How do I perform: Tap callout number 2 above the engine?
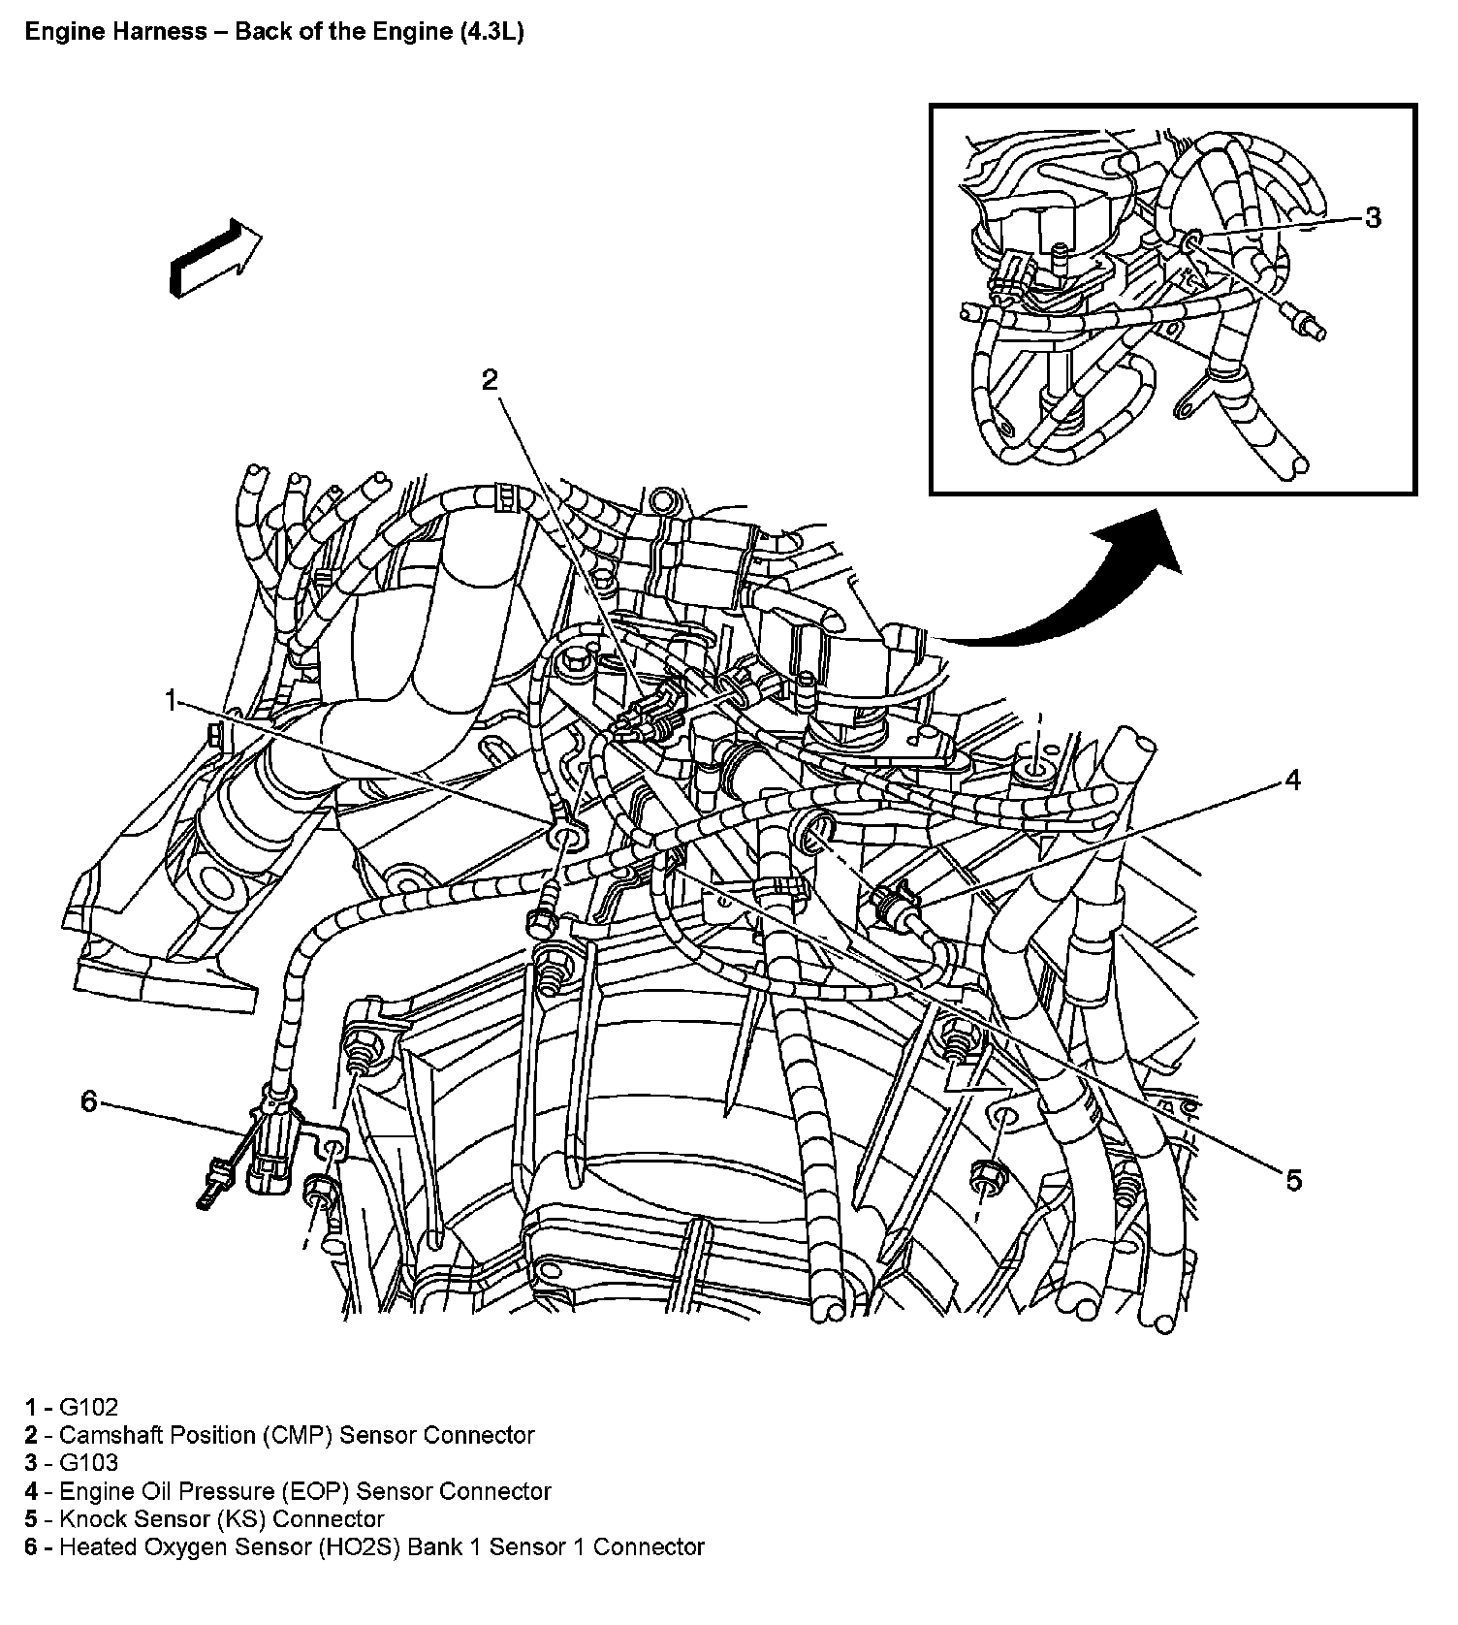point(490,379)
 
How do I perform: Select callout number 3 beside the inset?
point(1372,218)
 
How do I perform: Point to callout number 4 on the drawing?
point(1292,779)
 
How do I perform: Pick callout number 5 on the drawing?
point(1293,1179)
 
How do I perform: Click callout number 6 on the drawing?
point(89,1101)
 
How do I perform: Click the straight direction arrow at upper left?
point(214,256)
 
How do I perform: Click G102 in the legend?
point(89,1407)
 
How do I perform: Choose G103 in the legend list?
point(89,1463)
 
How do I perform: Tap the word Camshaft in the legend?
point(107,1435)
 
